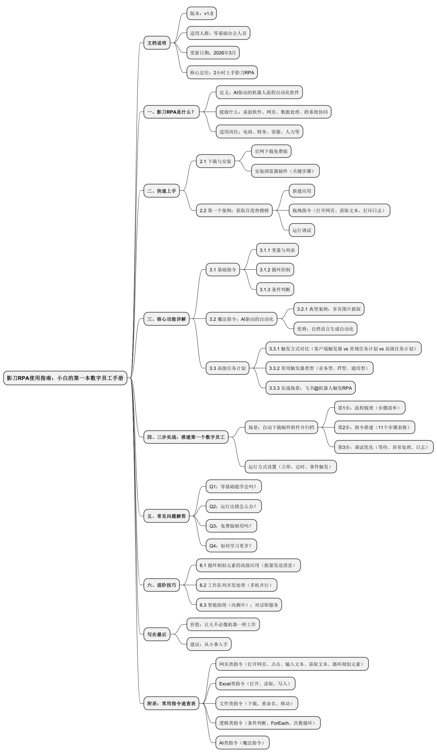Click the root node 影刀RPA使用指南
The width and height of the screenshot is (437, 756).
click(x=65, y=378)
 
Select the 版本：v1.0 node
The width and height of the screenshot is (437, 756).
click(x=202, y=13)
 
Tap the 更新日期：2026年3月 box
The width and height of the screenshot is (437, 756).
click(x=213, y=53)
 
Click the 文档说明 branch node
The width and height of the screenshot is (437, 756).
click(x=157, y=43)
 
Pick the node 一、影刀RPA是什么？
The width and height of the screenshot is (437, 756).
click(x=171, y=112)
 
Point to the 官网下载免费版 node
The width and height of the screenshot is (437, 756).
click(x=271, y=151)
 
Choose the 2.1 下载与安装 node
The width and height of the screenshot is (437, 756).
click(x=215, y=161)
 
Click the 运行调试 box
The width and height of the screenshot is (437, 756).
click(x=302, y=230)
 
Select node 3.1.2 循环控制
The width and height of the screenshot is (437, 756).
click(x=275, y=270)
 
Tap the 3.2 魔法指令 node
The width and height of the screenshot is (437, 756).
click(x=241, y=319)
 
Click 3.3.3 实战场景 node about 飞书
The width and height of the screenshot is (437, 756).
click(x=311, y=388)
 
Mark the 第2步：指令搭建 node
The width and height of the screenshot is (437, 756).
click(x=374, y=427)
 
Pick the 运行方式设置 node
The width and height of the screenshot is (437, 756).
click(x=290, y=467)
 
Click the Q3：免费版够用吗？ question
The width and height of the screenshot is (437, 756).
click(x=231, y=526)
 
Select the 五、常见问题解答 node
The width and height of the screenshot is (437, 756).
click(x=167, y=516)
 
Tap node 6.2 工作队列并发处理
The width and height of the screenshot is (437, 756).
click(x=236, y=585)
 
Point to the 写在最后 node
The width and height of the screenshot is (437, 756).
click(x=157, y=635)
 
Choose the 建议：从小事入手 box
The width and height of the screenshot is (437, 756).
click(x=209, y=644)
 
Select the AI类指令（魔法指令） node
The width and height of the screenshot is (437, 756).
click(x=242, y=743)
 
